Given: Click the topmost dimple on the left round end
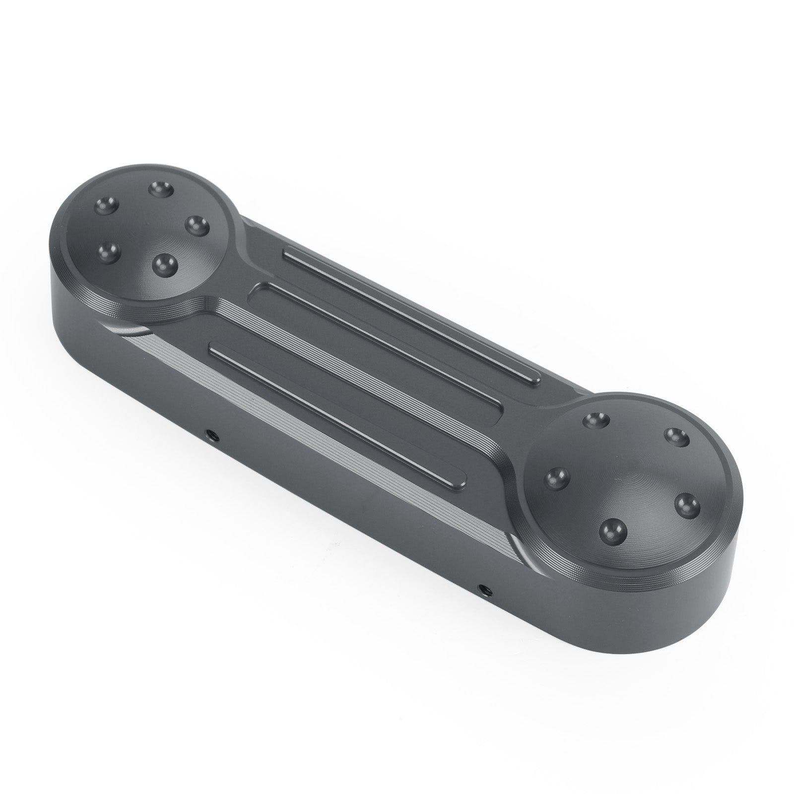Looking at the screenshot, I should [x=160, y=189].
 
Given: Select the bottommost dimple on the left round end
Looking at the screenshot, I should [x=159, y=264].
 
